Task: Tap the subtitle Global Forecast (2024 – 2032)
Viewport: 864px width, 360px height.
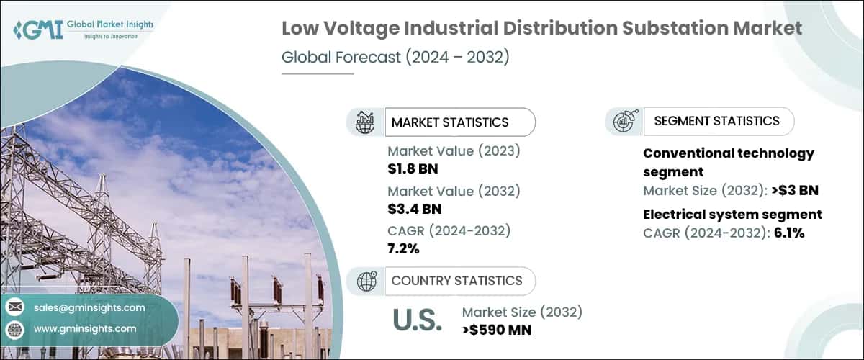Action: (395, 58)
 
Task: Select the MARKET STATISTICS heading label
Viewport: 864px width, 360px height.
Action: (450, 122)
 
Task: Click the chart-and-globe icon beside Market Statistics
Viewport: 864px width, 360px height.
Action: (365, 122)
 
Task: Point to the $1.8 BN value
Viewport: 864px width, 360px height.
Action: (413, 169)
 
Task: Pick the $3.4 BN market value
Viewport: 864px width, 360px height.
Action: (414, 210)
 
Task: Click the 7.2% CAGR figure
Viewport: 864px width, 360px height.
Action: (403, 248)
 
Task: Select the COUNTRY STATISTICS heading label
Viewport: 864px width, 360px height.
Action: (456, 281)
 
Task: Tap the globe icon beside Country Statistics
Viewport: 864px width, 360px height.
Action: (366, 281)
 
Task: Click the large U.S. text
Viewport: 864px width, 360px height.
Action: (418, 321)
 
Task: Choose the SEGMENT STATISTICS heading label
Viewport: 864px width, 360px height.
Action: (716, 121)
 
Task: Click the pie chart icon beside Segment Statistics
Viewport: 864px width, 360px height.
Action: (624, 121)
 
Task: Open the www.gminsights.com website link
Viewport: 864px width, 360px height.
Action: (85, 328)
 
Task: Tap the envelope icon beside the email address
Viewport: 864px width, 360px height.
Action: (14, 307)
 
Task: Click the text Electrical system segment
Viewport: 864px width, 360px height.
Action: (732, 215)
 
